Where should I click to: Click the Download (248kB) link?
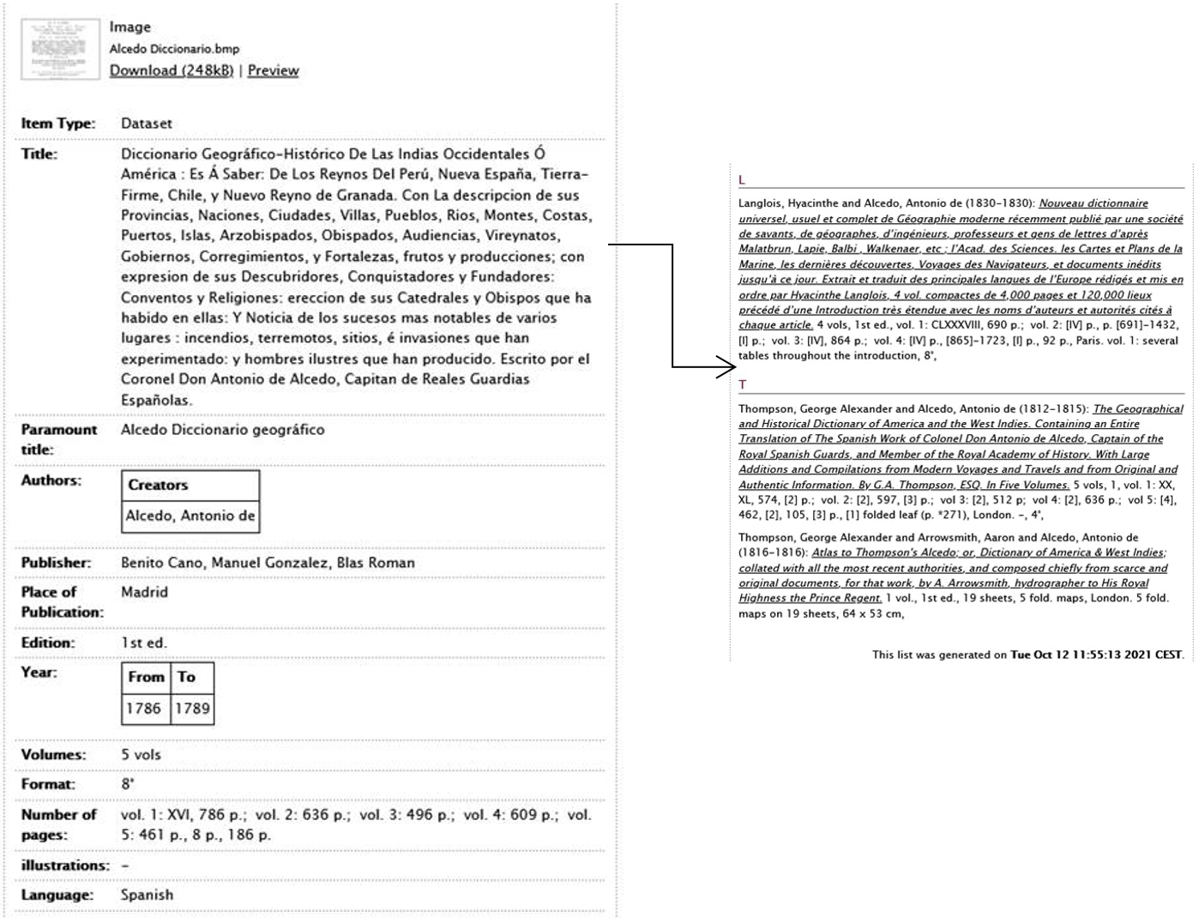pyautogui.click(x=171, y=70)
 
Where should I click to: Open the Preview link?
pyautogui.click(x=273, y=70)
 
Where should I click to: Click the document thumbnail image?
pyautogui.click(x=59, y=49)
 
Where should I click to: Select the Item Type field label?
pyautogui.click(x=58, y=124)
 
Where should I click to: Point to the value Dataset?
pyautogui.click(x=147, y=124)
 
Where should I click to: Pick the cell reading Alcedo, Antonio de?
pyautogui.click(x=190, y=516)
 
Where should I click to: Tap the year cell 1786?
pyautogui.click(x=145, y=709)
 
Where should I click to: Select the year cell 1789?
pyautogui.click(x=192, y=709)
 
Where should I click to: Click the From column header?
pyautogui.click(x=146, y=677)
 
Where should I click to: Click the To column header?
pyautogui.click(x=187, y=677)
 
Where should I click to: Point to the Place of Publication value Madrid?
pyautogui.click(x=144, y=592)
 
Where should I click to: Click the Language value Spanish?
pyautogui.click(x=147, y=895)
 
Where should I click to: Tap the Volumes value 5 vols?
pyautogui.click(x=141, y=755)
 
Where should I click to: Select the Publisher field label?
pyautogui.click(x=56, y=563)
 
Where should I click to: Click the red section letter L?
pyautogui.click(x=742, y=180)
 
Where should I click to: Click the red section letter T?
pyautogui.click(x=743, y=385)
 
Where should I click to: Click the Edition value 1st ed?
pyautogui.click(x=143, y=643)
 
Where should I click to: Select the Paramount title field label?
pyautogui.click(x=58, y=439)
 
